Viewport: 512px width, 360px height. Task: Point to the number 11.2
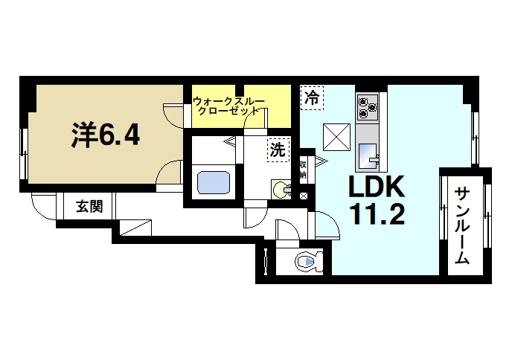[376, 215]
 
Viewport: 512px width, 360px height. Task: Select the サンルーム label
[461, 225]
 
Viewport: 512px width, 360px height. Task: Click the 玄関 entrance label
[89, 207]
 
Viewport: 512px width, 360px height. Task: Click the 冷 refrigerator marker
[312, 97]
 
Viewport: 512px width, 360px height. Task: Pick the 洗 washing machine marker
[277, 150]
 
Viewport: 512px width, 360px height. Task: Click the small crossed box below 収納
[304, 196]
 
